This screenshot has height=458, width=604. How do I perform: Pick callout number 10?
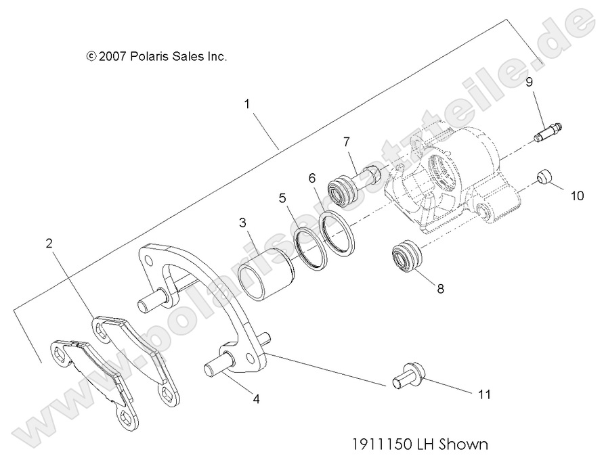576,196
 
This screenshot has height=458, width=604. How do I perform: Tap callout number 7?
346,141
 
